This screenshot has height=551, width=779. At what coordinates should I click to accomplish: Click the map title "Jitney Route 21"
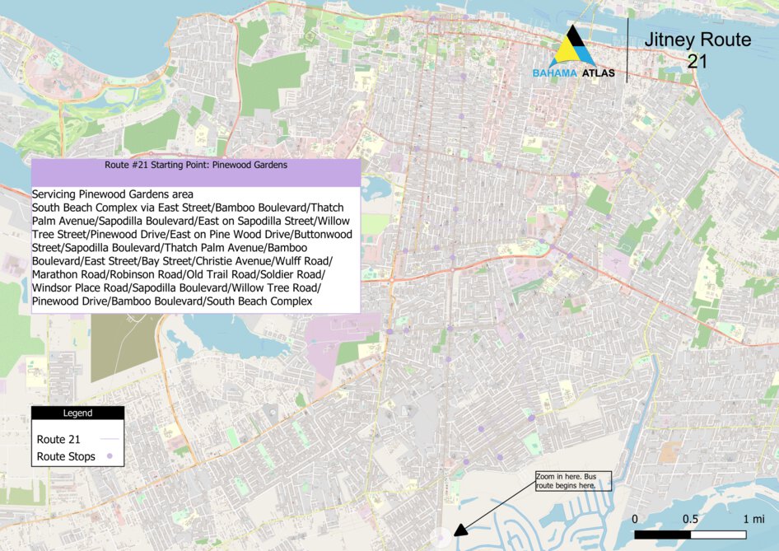point(697,49)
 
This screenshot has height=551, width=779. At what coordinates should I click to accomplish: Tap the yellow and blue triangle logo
point(573,48)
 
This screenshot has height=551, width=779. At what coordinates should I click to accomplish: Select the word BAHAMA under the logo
point(554,73)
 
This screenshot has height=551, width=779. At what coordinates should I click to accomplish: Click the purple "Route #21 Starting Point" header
point(195,166)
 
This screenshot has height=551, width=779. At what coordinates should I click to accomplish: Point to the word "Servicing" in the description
point(58,194)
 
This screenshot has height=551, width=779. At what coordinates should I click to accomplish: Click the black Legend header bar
point(77,413)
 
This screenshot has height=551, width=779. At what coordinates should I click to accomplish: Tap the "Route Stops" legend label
point(66,456)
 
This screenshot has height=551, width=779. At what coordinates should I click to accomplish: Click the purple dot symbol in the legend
point(110,456)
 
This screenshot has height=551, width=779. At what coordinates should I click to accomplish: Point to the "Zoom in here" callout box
point(574,482)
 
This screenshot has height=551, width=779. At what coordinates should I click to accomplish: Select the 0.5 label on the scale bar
point(690,519)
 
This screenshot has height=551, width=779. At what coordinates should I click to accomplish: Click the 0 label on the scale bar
point(635,519)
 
